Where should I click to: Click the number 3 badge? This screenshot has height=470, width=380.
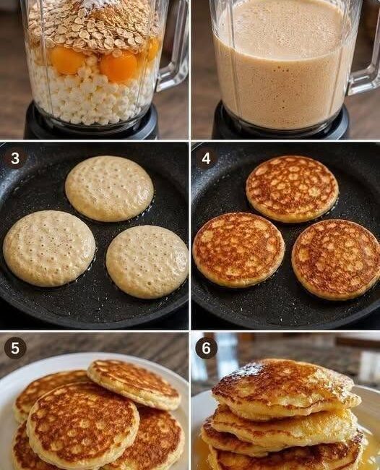[14, 158]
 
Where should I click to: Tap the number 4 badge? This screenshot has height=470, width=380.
[206, 158]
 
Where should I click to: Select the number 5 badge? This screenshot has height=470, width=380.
[15, 348]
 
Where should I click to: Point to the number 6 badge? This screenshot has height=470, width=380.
[206, 348]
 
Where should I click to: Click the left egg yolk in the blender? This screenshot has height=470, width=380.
[67, 60]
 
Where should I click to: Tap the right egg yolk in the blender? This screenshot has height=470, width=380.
[118, 67]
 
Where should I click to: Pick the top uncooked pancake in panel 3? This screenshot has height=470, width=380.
[109, 188]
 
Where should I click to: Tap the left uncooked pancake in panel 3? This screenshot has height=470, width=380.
[49, 248]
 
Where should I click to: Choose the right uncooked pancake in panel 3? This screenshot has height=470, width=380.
[147, 262]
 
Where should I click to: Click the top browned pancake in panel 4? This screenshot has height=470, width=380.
[293, 189]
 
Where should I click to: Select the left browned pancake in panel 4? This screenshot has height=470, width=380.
[238, 250]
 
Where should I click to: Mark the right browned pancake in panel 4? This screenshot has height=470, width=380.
[336, 260]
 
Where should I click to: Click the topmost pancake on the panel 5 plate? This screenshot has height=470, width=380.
[134, 384]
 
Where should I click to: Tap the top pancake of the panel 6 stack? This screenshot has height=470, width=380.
[286, 388]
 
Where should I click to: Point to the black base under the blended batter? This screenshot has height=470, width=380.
[280, 123]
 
